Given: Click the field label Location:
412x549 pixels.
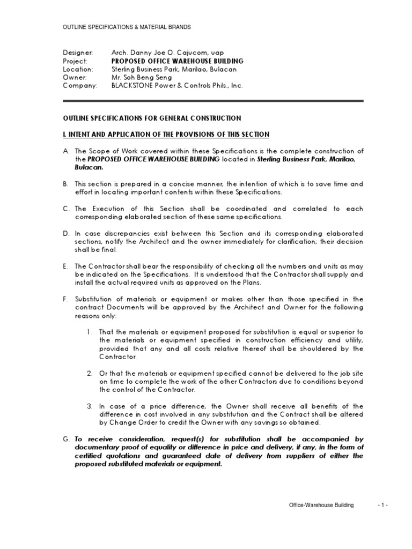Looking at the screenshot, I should click(x=78, y=69).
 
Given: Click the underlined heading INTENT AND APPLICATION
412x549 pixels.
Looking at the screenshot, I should click(x=166, y=133).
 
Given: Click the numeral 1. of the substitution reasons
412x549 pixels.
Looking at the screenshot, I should click(x=90, y=332).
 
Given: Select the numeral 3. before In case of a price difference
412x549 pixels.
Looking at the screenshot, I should click(x=90, y=406).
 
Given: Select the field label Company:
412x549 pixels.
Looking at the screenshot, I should click(x=80, y=85).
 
